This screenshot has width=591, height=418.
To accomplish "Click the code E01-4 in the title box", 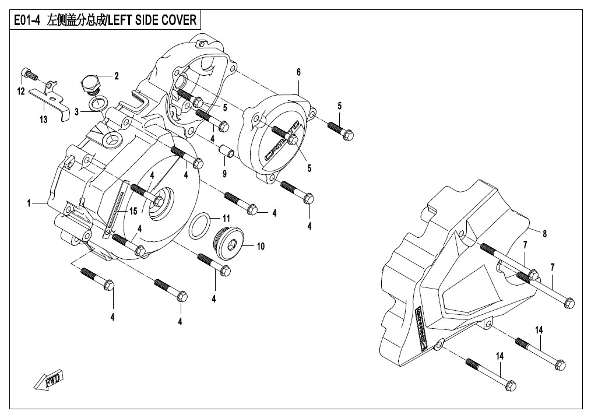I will tap(23, 21).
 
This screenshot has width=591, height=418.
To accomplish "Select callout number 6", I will tap(298, 72).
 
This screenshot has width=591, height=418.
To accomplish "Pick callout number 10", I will tap(261, 247).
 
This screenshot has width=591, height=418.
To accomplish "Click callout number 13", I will tap(43, 120).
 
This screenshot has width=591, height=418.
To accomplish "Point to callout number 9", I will tap(224, 174).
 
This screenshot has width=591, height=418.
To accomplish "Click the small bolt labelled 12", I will tap(28, 74).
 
